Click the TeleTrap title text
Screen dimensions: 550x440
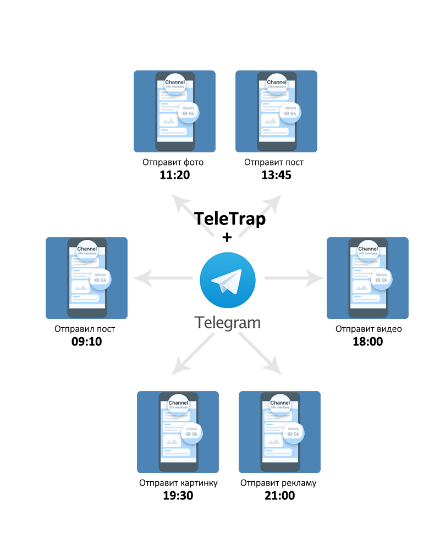[x=230, y=219]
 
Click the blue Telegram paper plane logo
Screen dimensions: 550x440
[x=227, y=280]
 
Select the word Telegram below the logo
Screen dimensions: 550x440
[x=227, y=322]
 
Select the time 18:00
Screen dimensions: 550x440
[x=367, y=342]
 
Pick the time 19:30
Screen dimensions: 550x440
[x=178, y=496]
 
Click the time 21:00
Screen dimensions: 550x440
[x=279, y=496]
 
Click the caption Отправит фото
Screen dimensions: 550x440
[x=173, y=162]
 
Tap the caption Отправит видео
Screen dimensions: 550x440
[x=368, y=329]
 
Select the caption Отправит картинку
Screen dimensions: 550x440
[x=178, y=483]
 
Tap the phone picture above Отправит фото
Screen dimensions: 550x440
[x=174, y=111]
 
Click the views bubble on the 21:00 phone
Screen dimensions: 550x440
[x=294, y=432]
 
